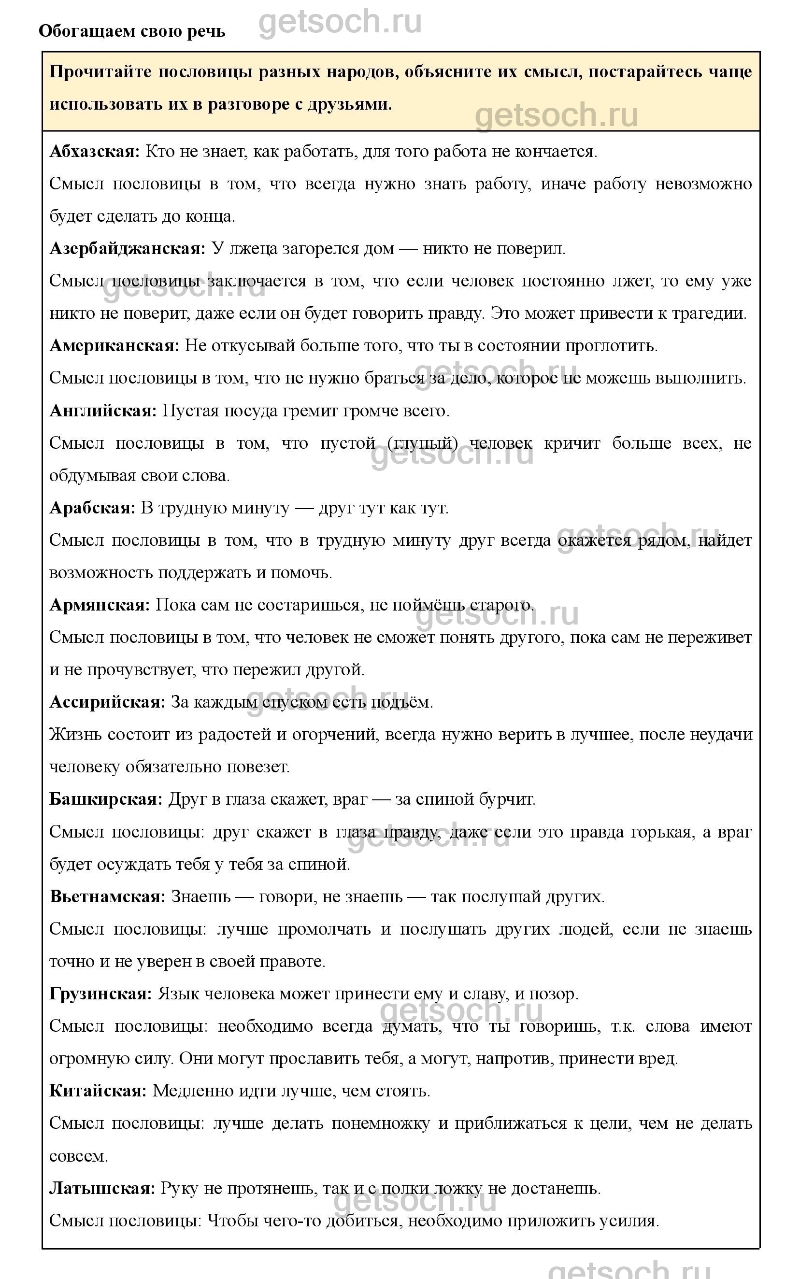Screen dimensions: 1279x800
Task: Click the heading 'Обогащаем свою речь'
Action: [x=132, y=32]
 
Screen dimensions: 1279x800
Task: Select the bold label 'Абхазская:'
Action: [x=95, y=152]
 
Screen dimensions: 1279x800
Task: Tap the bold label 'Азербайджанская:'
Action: [x=127, y=249]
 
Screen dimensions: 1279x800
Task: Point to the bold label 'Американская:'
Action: [x=115, y=346]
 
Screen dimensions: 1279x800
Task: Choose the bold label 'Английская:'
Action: [x=103, y=411]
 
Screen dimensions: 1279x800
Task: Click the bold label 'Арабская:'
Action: [x=93, y=508]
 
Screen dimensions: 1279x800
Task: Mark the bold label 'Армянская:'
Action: [x=100, y=605]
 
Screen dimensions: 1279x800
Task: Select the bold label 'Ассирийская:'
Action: [x=107, y=702]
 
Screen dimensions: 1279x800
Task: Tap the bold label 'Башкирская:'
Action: [x=106, y=799]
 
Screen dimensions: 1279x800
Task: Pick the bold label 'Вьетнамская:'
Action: [x=107, y=896]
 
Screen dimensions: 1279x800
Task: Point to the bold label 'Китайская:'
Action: [x=98, y=1091]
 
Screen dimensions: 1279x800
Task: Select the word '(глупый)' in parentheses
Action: [x=422, y=443]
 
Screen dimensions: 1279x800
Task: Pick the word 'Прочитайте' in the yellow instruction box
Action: [x=100, y=72]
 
